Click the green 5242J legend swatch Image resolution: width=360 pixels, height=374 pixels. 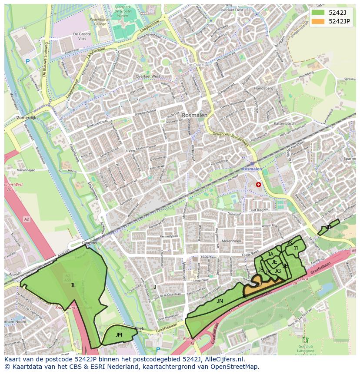pyautogui.click(x=318, y=12)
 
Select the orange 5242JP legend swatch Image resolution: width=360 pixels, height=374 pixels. pyautogui.click(x=318, y=21)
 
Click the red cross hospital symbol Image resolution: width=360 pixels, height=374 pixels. pyautogui.click(x=259, y=185)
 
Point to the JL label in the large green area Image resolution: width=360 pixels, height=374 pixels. pyautogui.click(x=73, y=285)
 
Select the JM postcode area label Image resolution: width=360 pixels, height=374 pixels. pyautogui.click(x=119, y=334)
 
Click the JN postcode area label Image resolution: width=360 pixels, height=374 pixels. pyautogui.click(x=220, y=301)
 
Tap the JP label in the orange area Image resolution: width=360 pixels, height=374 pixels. pyautogui.click(x=259, y=285)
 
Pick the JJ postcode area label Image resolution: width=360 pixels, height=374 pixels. pyautogui.click(x=296, y=248)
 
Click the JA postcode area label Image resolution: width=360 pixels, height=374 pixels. pyautogui.click(x=270, y=255)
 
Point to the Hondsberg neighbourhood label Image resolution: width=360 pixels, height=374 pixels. pyautogui.click(x=263, y=88)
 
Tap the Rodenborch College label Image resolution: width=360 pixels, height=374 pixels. pyautogui.click(x=98, y=22)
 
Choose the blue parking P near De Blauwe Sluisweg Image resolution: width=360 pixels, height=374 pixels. pyautogui.click(x=28, y=62)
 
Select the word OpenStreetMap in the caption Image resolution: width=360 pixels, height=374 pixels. pyautogui.click(x=235, y=367)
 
